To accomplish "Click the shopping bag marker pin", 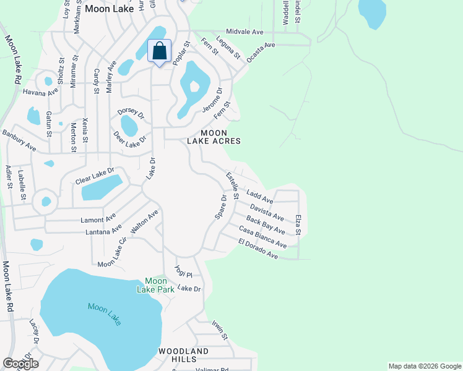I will (159, 51).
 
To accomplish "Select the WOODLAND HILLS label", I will (183, 355).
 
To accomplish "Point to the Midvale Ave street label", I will (245, 32).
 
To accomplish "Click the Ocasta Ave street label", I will (260, 49).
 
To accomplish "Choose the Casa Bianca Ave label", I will (262, 237).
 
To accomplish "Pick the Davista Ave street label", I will (267, 213).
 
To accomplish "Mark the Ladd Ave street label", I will (259, 197).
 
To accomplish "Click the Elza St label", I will (298, 224).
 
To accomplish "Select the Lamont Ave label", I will (98, 219).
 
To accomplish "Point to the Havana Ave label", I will (40, 92).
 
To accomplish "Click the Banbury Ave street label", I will (19, 140).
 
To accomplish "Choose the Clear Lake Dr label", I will (95, 176).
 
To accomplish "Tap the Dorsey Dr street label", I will (131, 112).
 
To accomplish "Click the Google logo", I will (21, 364).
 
